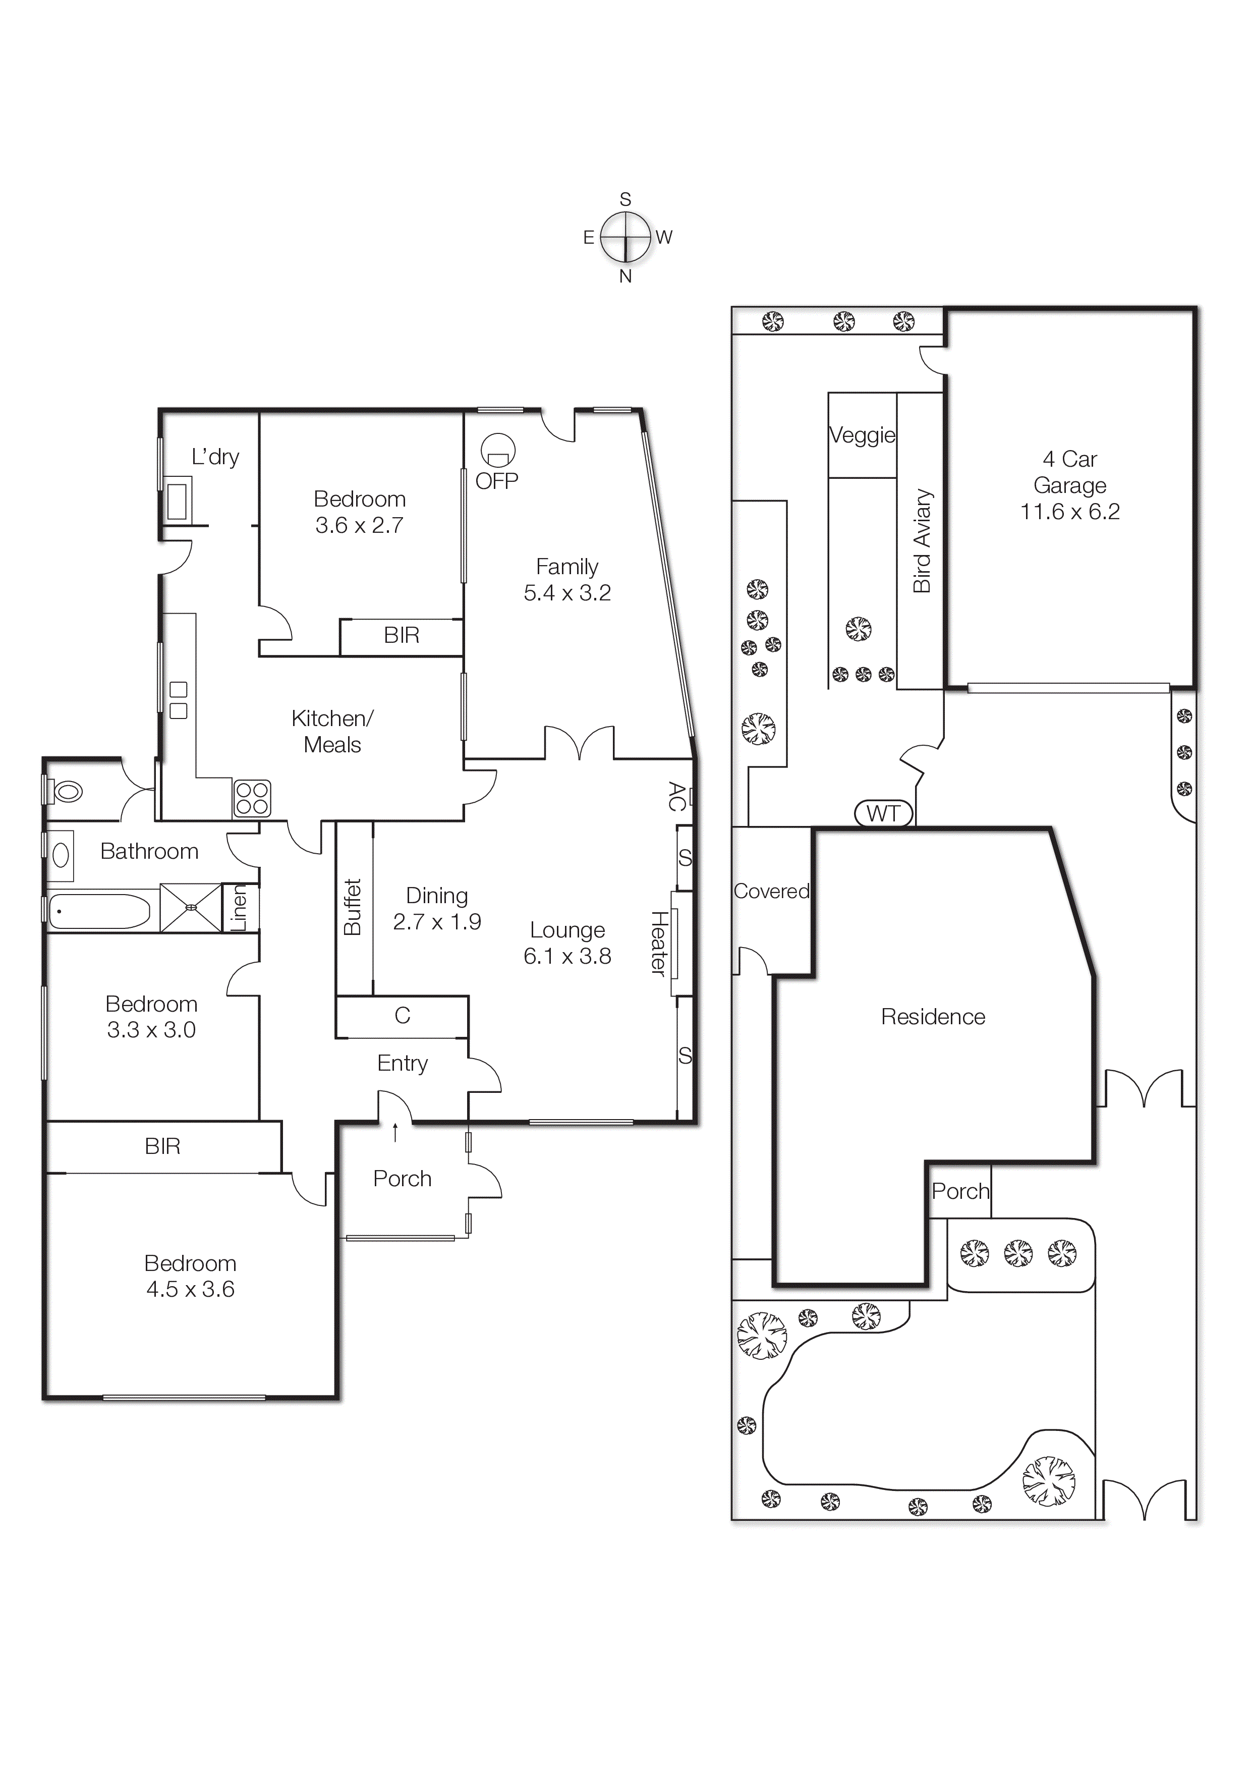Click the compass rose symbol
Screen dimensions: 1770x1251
(x=625, y=238)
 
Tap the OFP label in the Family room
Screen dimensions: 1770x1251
(x=496, y=481)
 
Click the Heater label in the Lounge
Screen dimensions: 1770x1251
(x=658, y=943)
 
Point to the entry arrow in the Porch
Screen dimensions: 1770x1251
(x=395, y=1132)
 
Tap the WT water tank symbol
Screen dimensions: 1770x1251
(x=883, y=813)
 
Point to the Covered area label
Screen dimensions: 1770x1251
(x=771, y=891)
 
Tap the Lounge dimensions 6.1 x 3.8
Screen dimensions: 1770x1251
(x=567, y=956)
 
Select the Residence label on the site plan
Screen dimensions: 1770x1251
(x=933, y=1017)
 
